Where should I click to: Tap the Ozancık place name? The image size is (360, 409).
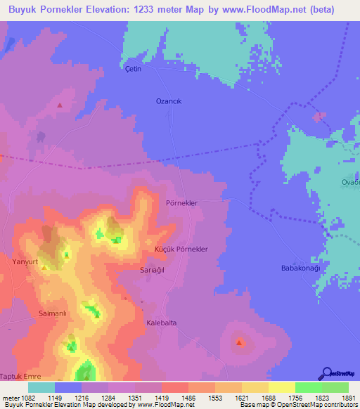tap(169, 101)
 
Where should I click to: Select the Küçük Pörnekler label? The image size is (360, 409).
tap(180, 250)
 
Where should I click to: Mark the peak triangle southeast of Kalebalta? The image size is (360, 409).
tap(240, 343)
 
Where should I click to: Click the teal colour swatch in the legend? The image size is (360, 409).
tap(41, 387)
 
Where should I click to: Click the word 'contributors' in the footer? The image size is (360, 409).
tap(340, 405)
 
